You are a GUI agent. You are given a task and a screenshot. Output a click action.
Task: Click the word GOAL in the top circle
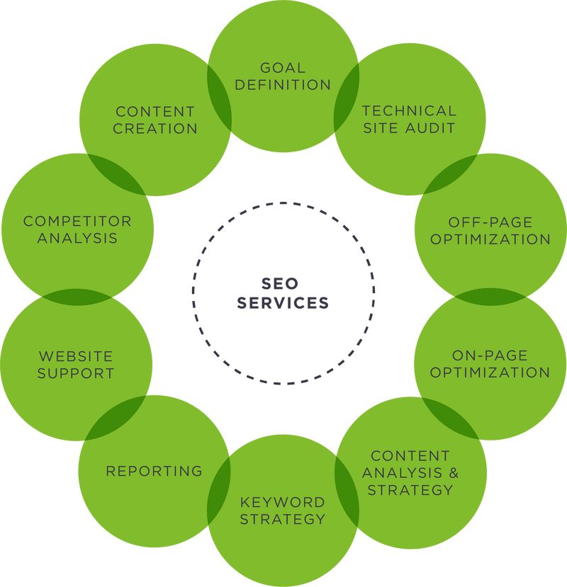(x=283, y=68)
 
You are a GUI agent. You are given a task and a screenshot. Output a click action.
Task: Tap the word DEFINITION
(x=283, y=85)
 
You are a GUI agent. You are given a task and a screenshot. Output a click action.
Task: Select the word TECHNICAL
(x=409, y=111)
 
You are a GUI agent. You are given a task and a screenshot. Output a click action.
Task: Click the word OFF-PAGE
(x=490, y=222)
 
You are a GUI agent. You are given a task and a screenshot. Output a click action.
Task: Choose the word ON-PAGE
(x=490, y=355)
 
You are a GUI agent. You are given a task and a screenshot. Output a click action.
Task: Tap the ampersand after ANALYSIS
(x=446, y=472)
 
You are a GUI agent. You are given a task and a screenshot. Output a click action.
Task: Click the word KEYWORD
(x=282, y=502)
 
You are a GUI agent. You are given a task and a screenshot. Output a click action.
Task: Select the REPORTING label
(x=154, y=471)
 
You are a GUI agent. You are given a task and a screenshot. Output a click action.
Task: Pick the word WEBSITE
(x=76, y=356)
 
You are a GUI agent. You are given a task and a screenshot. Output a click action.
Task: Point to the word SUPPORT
(x=76, y=373)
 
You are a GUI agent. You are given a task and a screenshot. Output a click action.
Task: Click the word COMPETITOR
(x=77, y=222)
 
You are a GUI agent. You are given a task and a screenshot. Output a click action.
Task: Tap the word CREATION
(x=155, y=128)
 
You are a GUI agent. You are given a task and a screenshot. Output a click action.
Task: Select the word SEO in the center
(x=283, y=284)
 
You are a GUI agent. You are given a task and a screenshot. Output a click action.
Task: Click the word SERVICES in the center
(x=283, y=303)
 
